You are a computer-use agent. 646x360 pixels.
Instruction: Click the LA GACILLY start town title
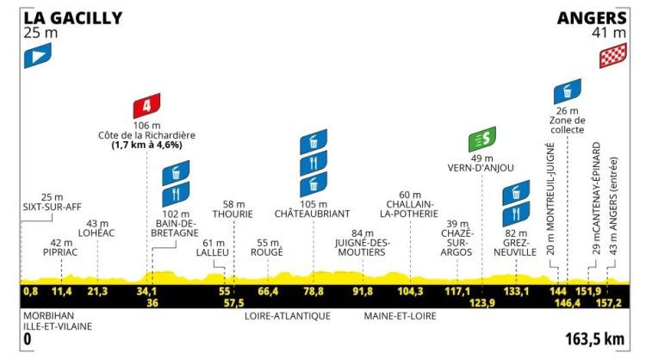pyautogui.click(x=73, y=17)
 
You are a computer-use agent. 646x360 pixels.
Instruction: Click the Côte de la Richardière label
pyautogui.click(x=146, y=135)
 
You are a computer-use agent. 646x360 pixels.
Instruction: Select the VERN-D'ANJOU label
pyautogui.click(x=481, y=168)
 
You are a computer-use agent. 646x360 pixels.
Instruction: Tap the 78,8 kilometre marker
pyautogui.click(x=313, y=292)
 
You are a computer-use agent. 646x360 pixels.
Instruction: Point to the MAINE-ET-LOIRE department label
pyautogui.click(x=401, y=316)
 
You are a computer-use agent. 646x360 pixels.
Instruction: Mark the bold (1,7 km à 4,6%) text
pyautogui.click(x=146, y=146)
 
